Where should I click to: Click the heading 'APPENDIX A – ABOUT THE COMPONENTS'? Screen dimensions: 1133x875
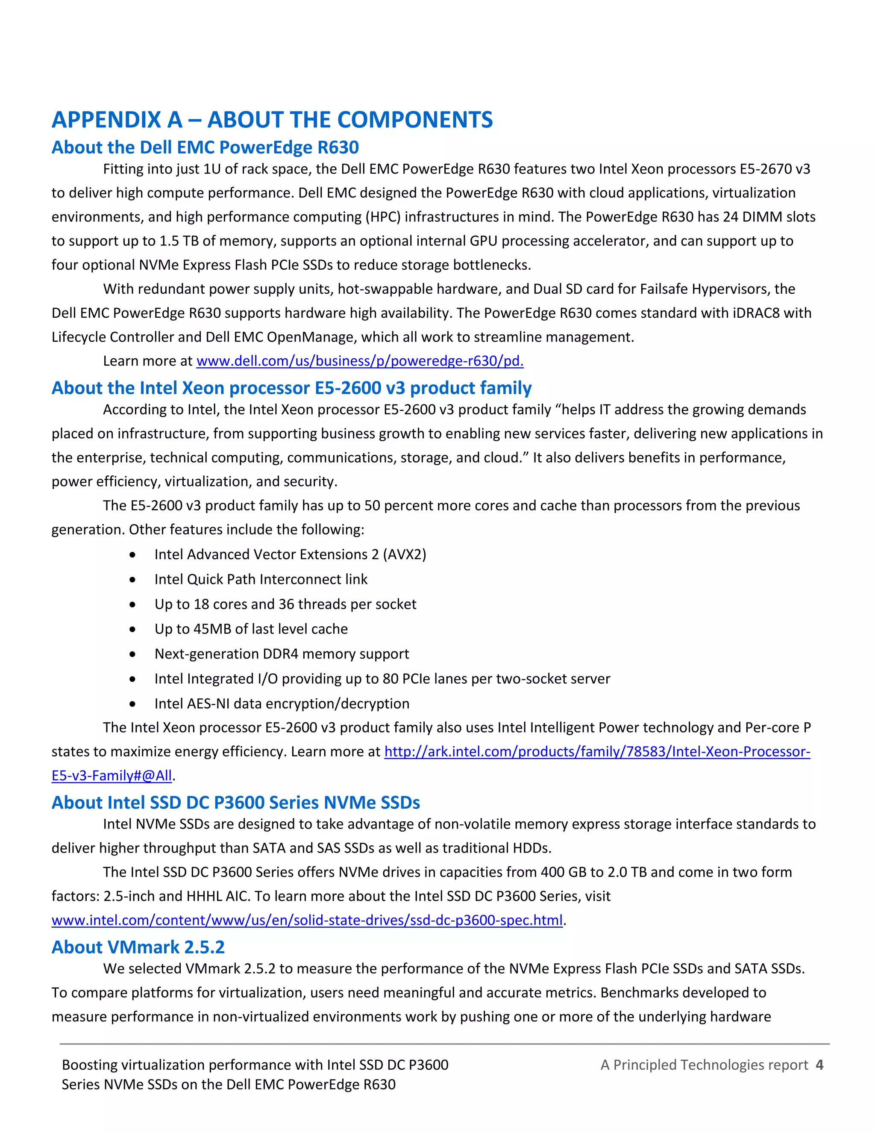pyautogui.click(x=272, y=120)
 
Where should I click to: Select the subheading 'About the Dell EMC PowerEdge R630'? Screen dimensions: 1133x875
pyautogui.click(x=205, y=148)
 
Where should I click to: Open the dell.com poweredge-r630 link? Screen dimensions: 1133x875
pyautogui.click(x=360, y=361)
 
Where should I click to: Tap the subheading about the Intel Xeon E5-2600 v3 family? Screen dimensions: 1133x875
pyautogui.click(x=291, y=388)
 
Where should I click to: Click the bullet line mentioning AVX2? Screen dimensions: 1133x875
pyautogui.click(x=290, y=555)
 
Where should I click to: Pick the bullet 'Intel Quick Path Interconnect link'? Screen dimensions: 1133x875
pyautogui.click(x=261, y=579)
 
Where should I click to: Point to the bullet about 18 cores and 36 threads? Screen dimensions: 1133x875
pyautogui.click(x=285, y=605)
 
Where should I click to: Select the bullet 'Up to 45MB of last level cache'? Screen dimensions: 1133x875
pyautogui.click(x=251, y=629)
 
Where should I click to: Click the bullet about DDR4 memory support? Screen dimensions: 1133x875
pyautogui.click(x=282, y=654)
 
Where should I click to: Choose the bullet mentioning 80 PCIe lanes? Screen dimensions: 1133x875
pyautogui.click(x=382, y=679)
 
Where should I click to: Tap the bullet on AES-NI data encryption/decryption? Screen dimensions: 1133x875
pyautogui.click(x=282, y=704)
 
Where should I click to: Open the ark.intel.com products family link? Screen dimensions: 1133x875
pyautogui.click(x=596, y=752)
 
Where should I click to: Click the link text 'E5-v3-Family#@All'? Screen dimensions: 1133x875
pyautogui.click(x=112, y=776)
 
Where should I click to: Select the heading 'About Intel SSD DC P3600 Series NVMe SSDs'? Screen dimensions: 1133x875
pyautogui.click(x=235, y=803)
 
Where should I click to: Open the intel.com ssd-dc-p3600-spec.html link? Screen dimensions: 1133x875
pyautogui.click(x=307, y=921)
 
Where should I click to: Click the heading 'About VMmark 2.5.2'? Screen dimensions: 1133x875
pyautogui.click(x=138, y=947)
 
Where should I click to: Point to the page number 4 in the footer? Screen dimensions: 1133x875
pyautogui.click(x=819, y=1065)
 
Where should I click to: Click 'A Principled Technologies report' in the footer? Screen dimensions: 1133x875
pyautogui.click(x=704, y=1065)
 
